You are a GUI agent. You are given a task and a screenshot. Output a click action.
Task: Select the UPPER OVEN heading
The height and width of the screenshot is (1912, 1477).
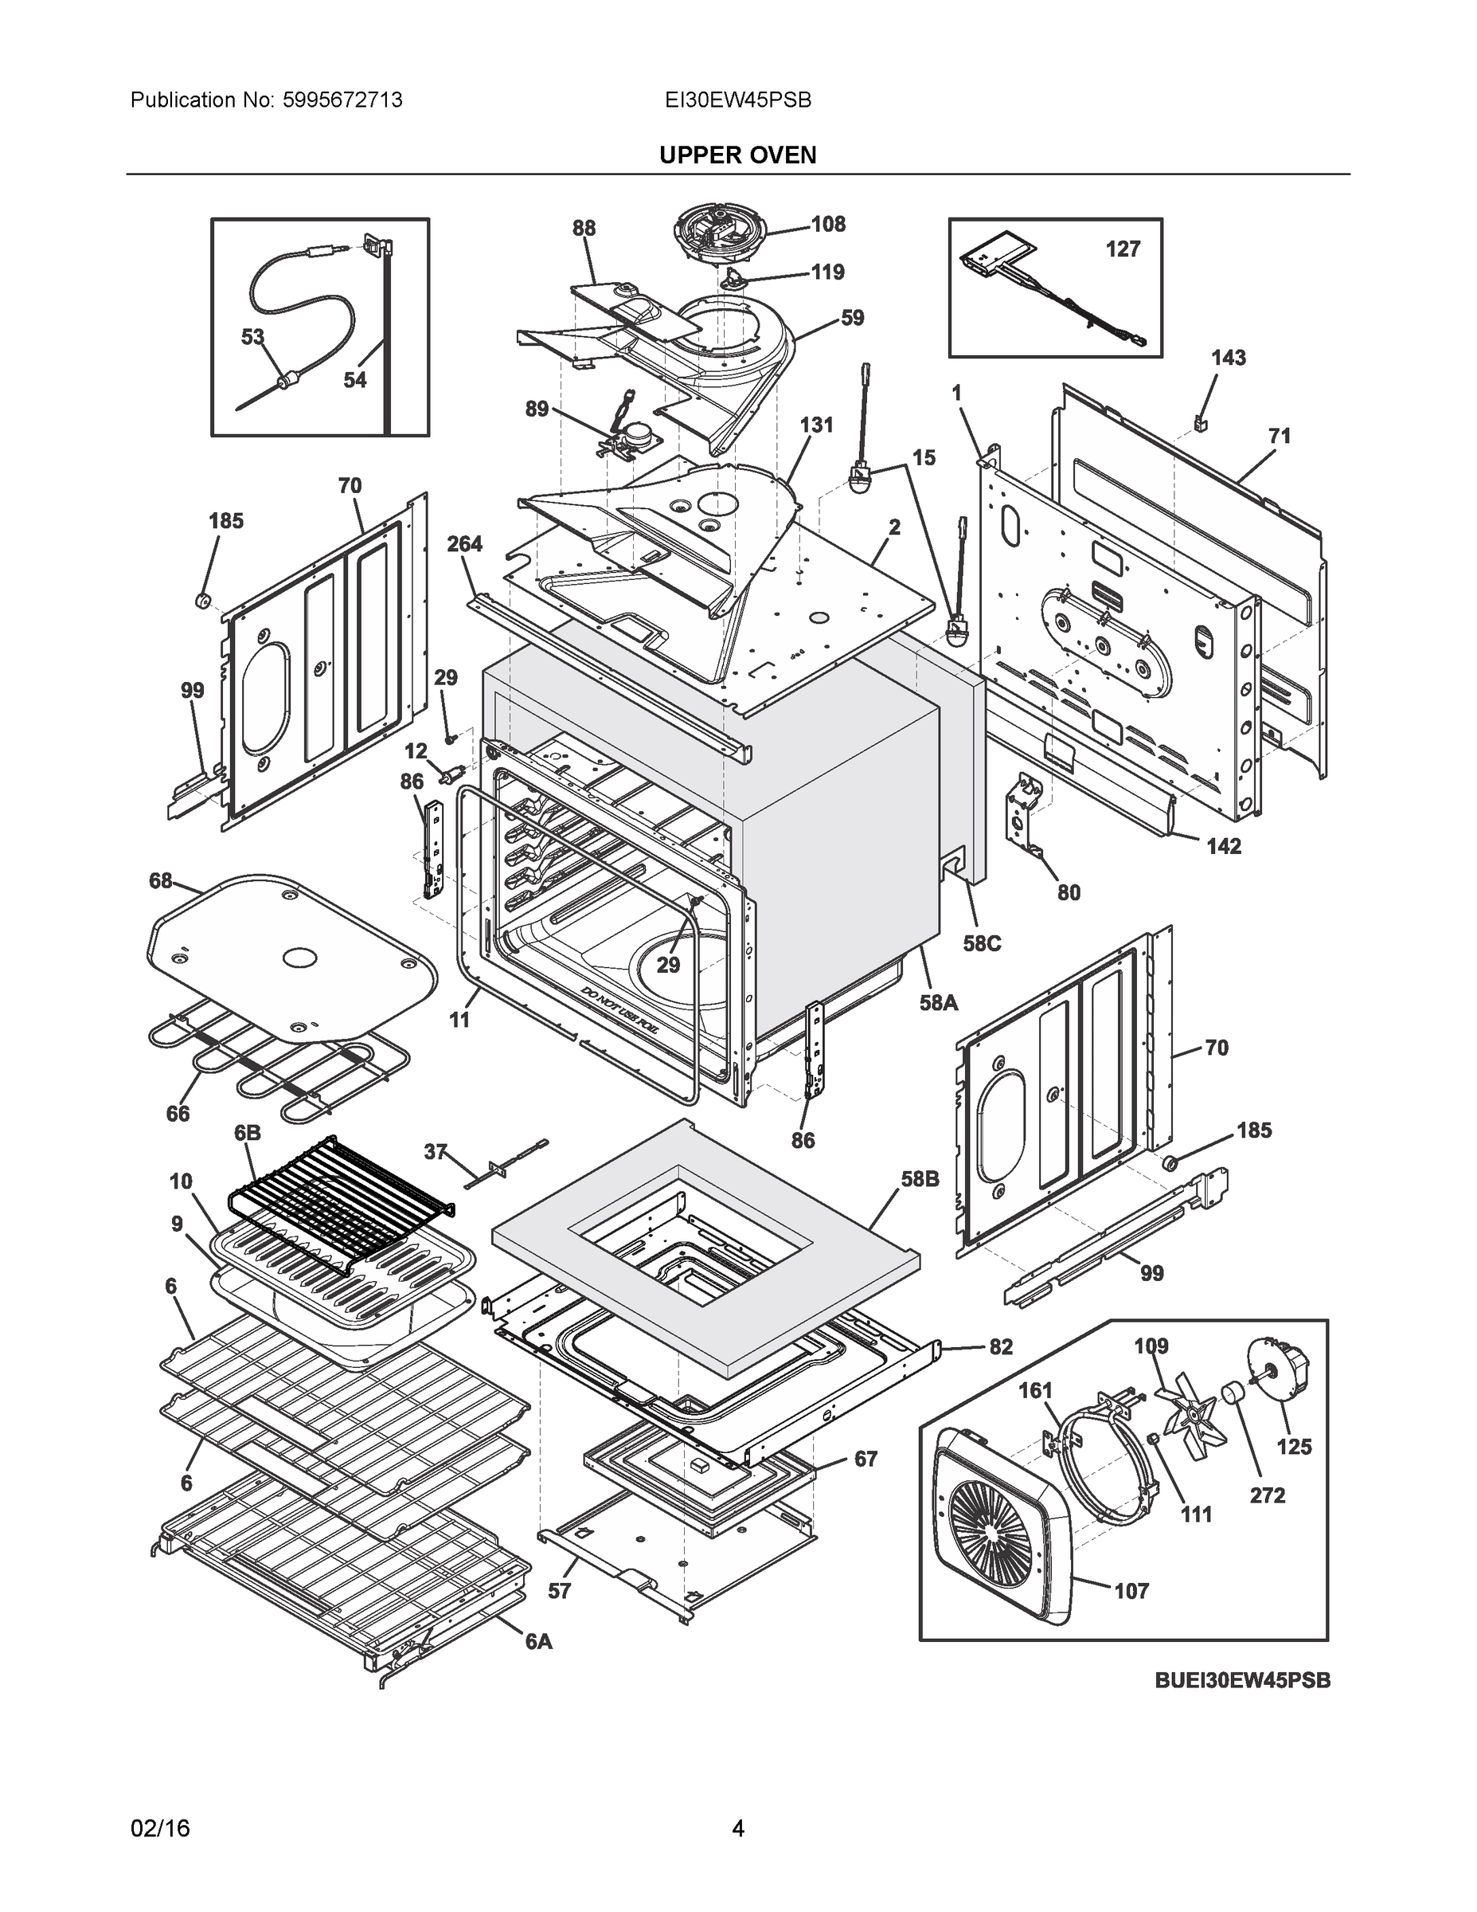737,155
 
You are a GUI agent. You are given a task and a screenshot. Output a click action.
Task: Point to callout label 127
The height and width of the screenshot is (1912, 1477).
1122,249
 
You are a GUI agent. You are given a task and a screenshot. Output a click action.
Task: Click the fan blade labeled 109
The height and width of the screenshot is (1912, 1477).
1187,1415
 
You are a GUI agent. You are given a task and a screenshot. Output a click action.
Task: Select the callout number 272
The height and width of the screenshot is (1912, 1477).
1267,1495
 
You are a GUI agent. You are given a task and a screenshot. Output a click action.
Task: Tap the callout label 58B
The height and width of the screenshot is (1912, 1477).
920,1179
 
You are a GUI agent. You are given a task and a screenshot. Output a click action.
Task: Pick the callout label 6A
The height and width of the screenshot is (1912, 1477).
538,1643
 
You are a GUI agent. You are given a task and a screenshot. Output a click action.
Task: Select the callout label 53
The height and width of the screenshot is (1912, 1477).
252,337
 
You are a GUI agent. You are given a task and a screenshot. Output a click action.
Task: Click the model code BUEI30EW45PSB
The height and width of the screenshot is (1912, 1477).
1241,1680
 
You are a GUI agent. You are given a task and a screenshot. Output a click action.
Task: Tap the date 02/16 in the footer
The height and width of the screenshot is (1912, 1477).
160,1828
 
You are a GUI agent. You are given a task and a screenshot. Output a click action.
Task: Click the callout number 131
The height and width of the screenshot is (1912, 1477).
815,425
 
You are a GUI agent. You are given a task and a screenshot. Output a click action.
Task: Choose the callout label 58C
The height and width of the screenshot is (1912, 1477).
981,944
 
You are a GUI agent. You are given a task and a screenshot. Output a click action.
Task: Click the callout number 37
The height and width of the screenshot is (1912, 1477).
435,1152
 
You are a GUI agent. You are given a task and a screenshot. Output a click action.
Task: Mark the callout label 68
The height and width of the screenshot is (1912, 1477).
161,880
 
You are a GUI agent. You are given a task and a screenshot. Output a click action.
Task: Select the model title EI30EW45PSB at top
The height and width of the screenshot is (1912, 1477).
737,100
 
